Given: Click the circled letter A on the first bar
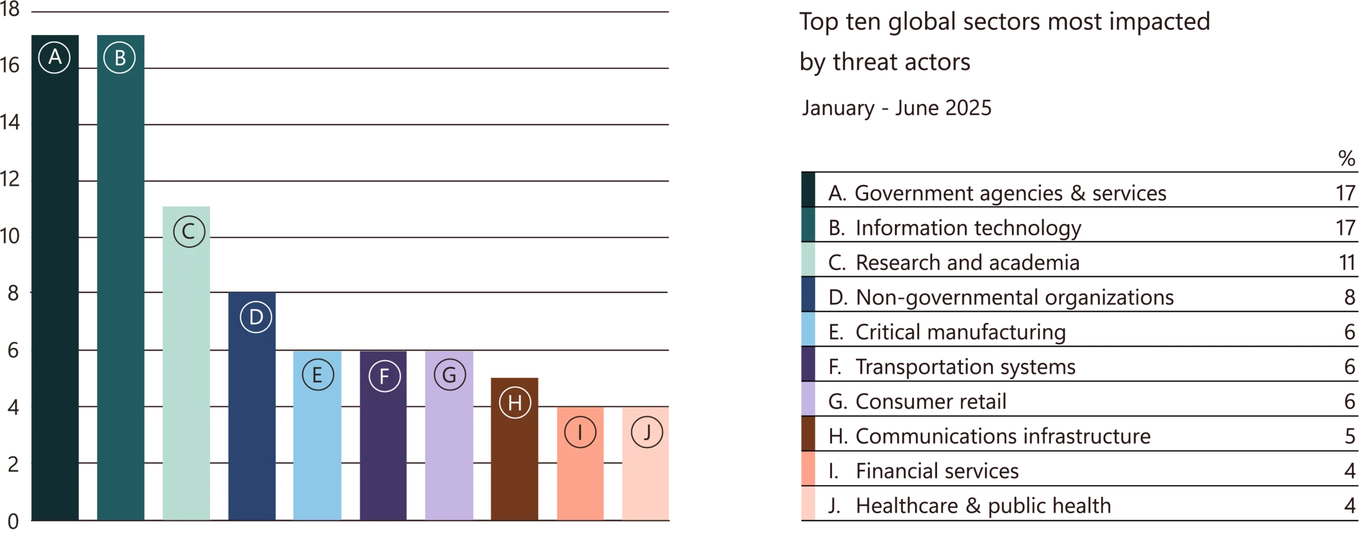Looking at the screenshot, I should pos(55,57).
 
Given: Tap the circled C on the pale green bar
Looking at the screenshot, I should pos(189,232).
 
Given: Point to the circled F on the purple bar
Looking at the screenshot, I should pos(384,376).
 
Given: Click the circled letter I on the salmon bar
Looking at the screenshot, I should pos(580,433).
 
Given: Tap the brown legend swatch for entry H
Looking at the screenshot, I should pos(807,434).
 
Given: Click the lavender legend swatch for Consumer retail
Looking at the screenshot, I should pos(807,399).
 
